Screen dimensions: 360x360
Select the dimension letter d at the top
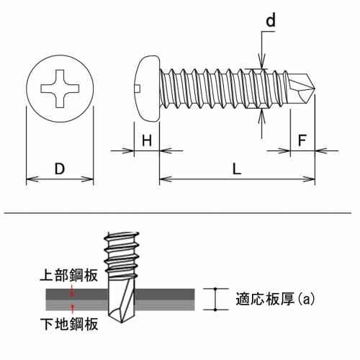pyautogui.click(x=271, y=21)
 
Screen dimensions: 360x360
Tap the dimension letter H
pyautogui.click(x=146, y=140)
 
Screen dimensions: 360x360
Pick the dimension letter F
pyautogui.click(x=302, y=140)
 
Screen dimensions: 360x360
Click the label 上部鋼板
pyautogui.click(x=64, y=275)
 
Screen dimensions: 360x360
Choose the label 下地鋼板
pyautogui.click(x=64, y=322)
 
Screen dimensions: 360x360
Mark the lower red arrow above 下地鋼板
pyautogui.click(x=72, y=307)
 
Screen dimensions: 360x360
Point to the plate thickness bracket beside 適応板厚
pyautogui.click(x=215, y=299)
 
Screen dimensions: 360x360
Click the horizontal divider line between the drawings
pyautogui.click(x=180, y=214)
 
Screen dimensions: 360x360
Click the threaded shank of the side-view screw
pyautogui.click(x=209, y=88)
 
